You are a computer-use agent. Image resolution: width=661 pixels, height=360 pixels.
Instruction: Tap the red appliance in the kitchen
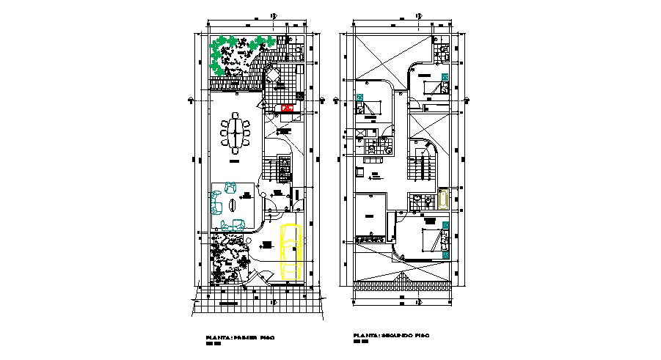(287, 109)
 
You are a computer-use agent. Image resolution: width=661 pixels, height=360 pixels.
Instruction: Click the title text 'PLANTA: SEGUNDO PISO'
(390, 336)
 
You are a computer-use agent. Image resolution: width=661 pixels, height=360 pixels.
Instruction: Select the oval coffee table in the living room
(233, 206)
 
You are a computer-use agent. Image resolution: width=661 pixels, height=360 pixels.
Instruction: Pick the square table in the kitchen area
(272, 76)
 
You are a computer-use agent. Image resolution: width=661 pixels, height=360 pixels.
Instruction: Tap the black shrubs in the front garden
(228, 261)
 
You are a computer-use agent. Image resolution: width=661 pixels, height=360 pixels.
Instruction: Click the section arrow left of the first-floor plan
(191, 100)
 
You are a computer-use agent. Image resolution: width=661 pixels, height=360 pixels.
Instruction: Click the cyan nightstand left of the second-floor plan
(359, 97)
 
